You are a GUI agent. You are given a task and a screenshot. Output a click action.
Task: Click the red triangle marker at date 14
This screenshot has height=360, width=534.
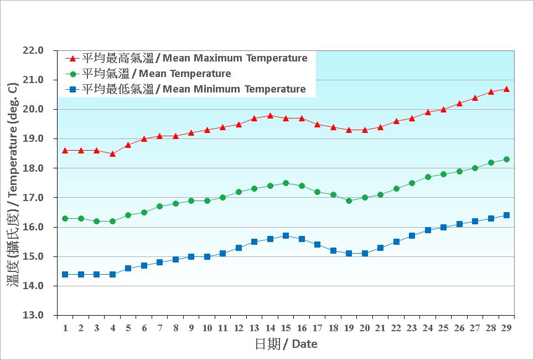[x=270, y=116]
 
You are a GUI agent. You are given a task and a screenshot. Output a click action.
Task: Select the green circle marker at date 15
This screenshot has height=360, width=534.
[x=286, y=183]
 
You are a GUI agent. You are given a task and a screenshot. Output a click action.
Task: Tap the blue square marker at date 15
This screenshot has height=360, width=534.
[x=286, y=235]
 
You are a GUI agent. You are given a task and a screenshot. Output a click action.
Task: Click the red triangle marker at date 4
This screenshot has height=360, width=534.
[x=112, y=154]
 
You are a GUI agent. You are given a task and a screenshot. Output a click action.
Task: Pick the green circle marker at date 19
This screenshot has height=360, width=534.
[x=349, y=200]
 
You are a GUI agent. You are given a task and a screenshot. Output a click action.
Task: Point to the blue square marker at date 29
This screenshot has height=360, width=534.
[x=506, y=215]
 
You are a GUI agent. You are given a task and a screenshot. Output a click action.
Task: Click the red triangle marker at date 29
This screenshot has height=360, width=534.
[x=506, y=89]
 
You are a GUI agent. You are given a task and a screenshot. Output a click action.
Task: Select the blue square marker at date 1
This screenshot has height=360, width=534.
[x=65, y=274]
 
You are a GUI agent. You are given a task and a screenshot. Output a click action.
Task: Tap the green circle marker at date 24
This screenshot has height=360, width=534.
[x=428, y=177]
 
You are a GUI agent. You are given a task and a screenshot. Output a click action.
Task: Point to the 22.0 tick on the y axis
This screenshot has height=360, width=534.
[x=33, y=50]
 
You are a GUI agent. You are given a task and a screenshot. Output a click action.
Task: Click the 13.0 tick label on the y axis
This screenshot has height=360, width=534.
[x=33, y=316]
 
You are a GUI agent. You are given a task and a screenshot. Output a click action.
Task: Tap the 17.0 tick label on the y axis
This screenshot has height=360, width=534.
[x=33, y=198]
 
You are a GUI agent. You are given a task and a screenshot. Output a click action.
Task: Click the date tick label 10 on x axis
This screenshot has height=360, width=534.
[x=207, y=328]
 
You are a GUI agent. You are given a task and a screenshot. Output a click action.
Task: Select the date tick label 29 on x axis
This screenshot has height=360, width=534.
[x=506, y=328]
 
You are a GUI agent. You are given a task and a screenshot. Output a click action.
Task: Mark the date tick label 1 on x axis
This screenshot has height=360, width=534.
[x=65, y=328]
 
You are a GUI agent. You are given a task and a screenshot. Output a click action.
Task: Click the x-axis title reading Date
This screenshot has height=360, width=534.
[x=286, y=344]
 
